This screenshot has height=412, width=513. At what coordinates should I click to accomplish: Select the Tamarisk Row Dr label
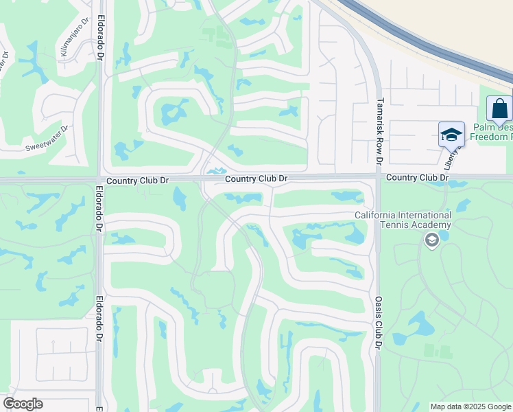379,130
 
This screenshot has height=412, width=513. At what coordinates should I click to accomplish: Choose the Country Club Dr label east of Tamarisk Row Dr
416,177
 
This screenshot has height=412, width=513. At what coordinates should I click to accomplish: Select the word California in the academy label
377,215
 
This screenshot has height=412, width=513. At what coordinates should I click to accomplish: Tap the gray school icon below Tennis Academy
431,240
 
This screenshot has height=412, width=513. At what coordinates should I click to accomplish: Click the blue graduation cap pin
451,134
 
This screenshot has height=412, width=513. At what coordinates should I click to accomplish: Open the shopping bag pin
499,109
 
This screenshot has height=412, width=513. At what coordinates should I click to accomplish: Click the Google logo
23,404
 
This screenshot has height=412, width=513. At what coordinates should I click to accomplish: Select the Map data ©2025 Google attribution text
470,407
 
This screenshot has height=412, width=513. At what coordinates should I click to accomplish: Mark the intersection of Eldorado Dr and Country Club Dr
101,180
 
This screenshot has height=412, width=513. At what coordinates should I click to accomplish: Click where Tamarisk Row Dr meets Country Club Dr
379,176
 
